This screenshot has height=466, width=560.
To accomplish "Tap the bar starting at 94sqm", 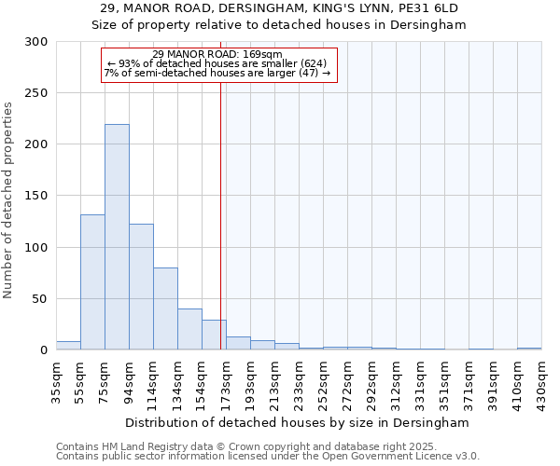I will pos(141,286).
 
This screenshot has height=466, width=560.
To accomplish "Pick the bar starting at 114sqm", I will pos(165,308).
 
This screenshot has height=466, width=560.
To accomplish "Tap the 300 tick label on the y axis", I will pos(36,42).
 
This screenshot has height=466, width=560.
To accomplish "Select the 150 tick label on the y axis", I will pos(36,196).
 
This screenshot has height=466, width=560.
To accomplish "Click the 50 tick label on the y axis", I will pos(40,299).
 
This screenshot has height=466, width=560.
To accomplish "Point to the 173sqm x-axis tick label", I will pos(226,382).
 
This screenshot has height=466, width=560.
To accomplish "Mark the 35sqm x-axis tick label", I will pos(56,382).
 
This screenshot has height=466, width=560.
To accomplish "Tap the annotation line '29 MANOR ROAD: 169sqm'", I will pos(217,54).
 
